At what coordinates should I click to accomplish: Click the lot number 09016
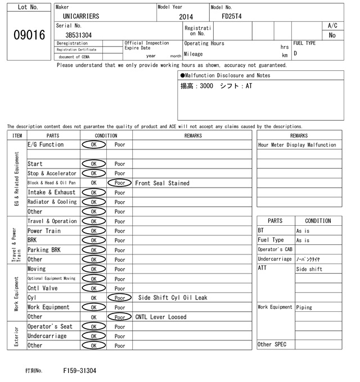click(x=29, y=35)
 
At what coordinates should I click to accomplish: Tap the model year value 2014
click(x=186, y=17)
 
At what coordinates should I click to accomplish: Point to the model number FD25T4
click(x=232, y=16)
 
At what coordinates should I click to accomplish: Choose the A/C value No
click(x=332, y=35)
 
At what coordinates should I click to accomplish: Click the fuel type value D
click(x=295, y=53)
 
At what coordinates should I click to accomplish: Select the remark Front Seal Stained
click(x=162, y=183)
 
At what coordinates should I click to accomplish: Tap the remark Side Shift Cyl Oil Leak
click(x=173, y=298)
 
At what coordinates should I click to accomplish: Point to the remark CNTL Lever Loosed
click(x=160, y=317)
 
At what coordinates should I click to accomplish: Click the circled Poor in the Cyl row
click(x=119, y=298)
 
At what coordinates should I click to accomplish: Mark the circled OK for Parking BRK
click(x=93, y=250)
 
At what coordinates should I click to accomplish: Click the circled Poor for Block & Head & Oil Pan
click(x=119, y=183)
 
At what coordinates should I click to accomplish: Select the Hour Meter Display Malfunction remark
click(x=297, y=145)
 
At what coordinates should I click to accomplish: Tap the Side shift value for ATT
click(x=309, y=269)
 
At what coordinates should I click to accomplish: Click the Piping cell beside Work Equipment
click(x=304, y=307)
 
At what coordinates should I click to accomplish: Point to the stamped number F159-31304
click(x=80, y=371)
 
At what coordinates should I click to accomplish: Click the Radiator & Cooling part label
click(x=52, y=202)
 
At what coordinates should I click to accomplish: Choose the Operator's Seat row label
click(x=50, y=326)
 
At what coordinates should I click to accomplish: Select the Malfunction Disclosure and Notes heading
click(x=225, y=75)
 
